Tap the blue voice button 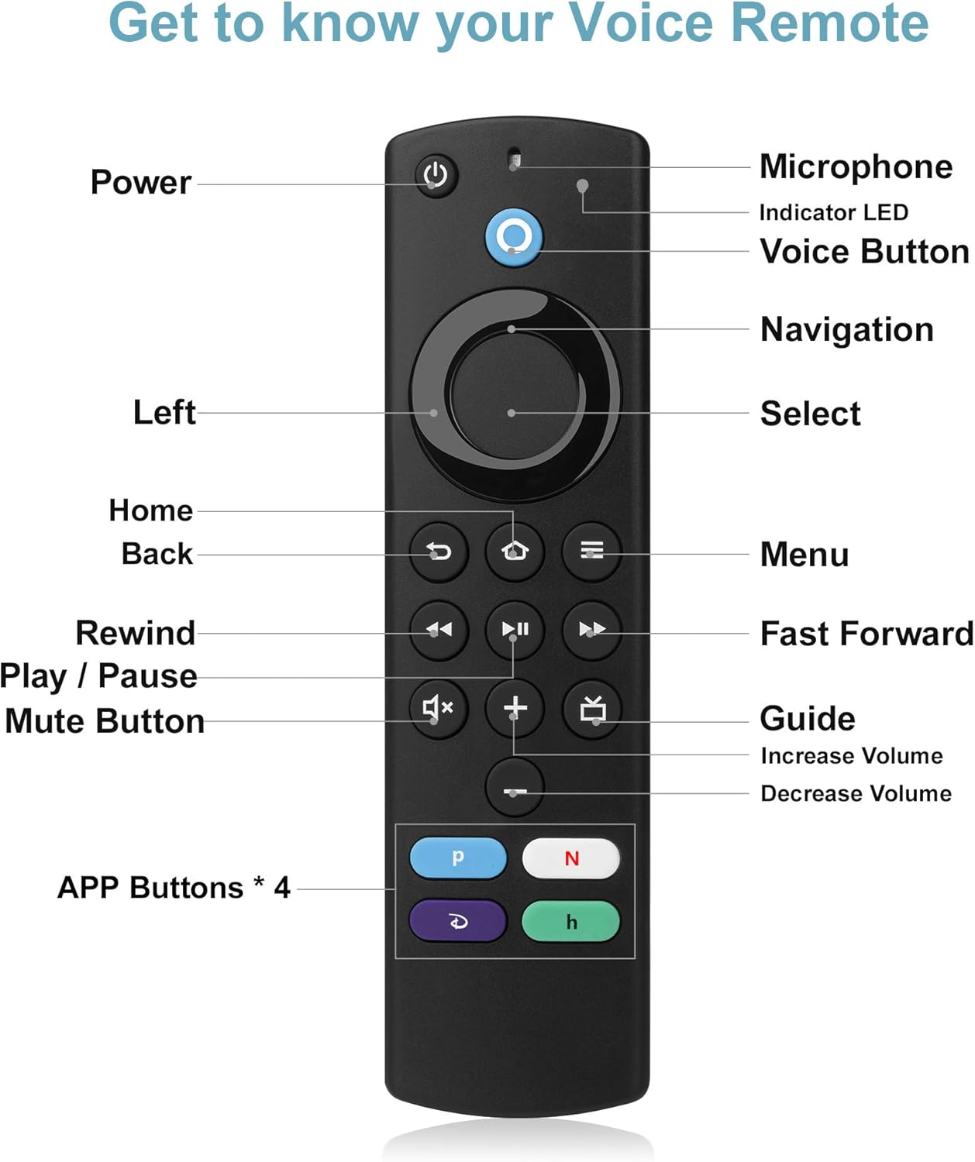point(514,237)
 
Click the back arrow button point(439,551)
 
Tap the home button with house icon point(515,551)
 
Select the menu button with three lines point(591,551)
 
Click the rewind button point(439,629)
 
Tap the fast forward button point(591,629)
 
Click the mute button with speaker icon point(438,707)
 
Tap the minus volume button point(515,789)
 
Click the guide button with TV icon point(592,708)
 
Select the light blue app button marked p point(458,858)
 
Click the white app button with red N point(571,858)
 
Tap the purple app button point(458,921)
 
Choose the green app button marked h point(571,921)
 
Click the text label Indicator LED point(833,212)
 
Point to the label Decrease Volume point(856,793)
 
